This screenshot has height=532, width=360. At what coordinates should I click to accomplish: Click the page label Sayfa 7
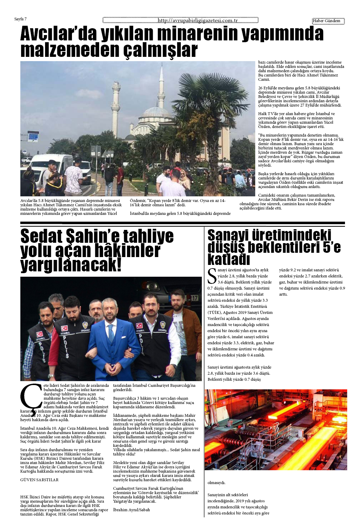(x=20, y=19)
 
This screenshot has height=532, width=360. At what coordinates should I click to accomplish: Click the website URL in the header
(x=198, y=20)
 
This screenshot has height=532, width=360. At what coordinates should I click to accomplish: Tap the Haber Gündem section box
(x=328, y=21)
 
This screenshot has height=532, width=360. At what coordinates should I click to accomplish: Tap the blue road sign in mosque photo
(x=33, y=137)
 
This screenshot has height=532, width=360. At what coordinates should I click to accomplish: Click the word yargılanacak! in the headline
(x=71, y=265)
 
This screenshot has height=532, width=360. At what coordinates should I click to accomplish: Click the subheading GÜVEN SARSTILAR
(x=39, y=480)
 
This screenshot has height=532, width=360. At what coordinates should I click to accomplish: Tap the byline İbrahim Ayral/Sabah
(x=131, y=510)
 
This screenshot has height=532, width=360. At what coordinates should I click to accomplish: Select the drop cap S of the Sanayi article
(x=212, y=276)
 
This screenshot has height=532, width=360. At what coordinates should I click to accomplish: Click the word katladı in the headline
(x=228, y=259)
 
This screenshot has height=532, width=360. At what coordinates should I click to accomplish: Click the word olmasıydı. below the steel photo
(x=217, y=483)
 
